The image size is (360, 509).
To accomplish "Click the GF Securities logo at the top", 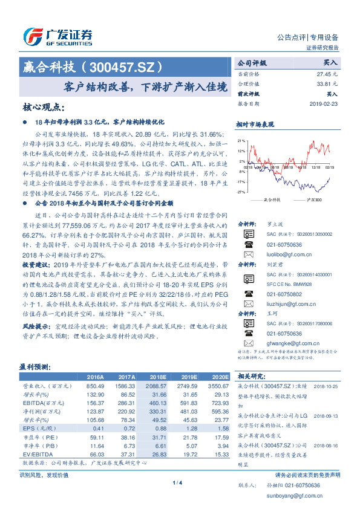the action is (57, 36).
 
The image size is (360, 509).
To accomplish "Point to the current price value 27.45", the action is (326, 73).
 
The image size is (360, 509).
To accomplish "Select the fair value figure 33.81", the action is (326, 84).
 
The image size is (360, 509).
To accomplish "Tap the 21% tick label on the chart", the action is (241, 140).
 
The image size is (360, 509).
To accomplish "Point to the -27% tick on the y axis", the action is (241, 192).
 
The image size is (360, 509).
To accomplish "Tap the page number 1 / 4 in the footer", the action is (177, 484).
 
